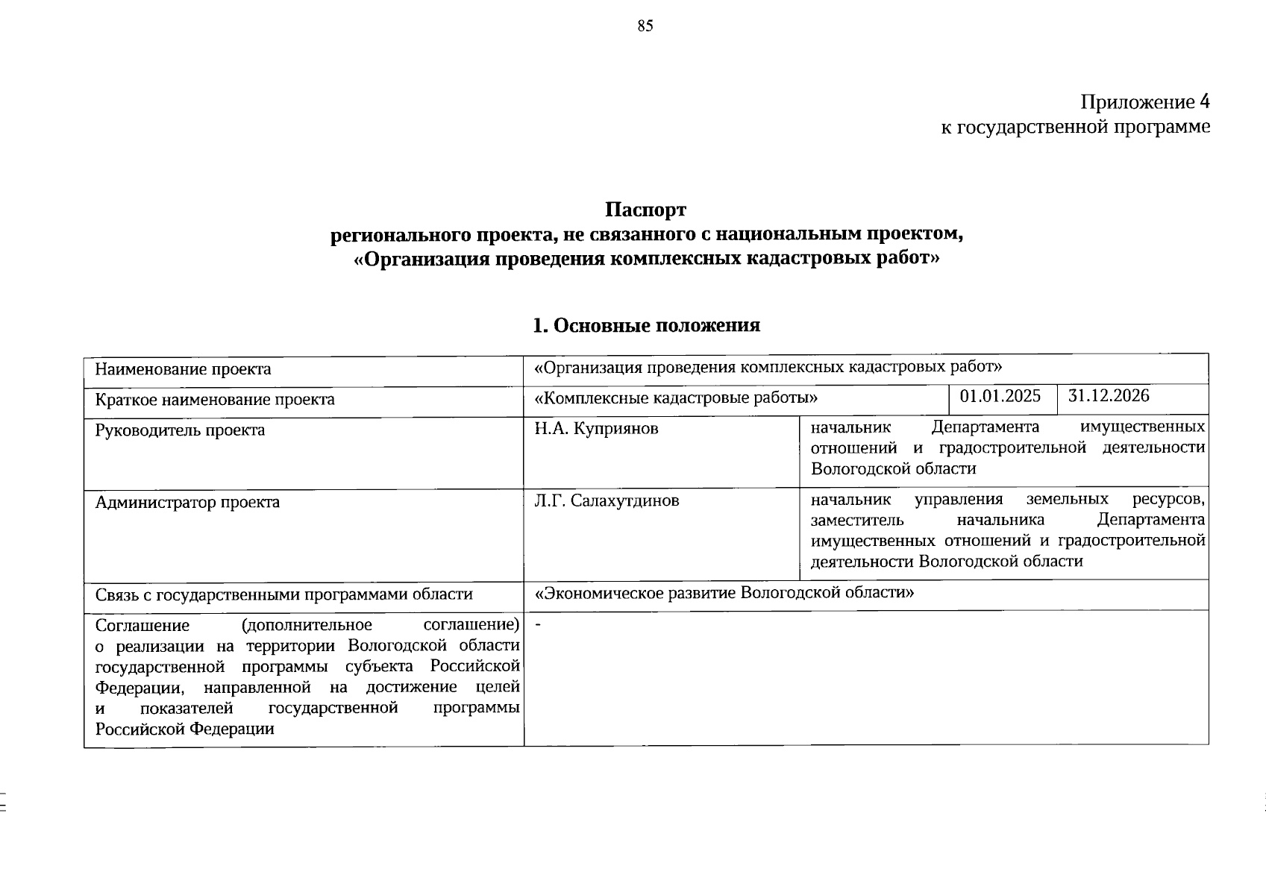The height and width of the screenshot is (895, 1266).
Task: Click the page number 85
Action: [645, 26]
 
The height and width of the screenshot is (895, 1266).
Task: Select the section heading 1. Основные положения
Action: [646, 325]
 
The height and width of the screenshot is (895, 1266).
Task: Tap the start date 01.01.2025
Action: [1000, 396]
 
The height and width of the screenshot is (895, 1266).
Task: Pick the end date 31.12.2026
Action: [1109, 396]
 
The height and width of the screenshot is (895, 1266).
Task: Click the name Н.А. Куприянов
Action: [596, 429]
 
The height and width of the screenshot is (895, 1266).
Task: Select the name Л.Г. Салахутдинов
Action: [607, 500]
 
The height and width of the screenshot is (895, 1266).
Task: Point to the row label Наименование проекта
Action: [183, 369]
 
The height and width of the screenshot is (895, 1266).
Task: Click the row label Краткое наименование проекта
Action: [215, 400]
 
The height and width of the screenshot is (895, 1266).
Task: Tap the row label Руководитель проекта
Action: [180, 430]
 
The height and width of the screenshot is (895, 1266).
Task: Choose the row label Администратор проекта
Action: [187, 502]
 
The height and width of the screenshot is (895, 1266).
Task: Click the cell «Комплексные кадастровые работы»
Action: [671, 398]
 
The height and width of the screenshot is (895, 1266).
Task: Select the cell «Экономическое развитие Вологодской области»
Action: [724, 593]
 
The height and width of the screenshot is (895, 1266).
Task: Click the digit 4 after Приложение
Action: [1203, 102]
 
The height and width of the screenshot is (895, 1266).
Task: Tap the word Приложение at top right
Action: [1137, 103]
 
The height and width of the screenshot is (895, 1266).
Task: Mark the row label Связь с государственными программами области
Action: [283, 594]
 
